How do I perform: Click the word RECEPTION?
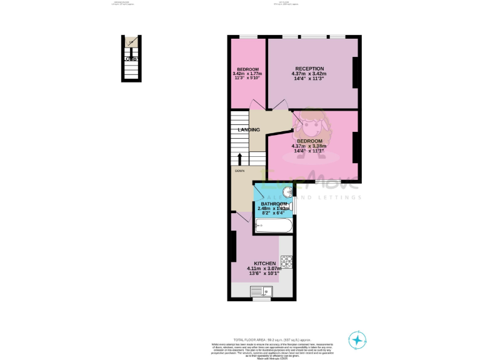click(x=309, y=69)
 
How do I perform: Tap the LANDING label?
click(x=248, y=130)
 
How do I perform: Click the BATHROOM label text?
click(x=274, y=204)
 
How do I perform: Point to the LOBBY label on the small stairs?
click(x=131, y=59)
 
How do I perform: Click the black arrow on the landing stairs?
click(x=239, y=158)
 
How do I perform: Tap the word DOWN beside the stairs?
click(x=239, y=170)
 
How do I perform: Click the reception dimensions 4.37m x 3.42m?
click(x=309, y=74)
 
